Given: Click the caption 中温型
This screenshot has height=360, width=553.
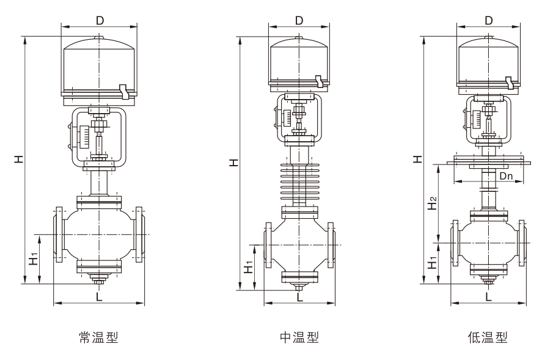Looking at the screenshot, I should click(x=299, y=337).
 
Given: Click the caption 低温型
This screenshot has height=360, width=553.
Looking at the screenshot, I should click(x=488, y=337).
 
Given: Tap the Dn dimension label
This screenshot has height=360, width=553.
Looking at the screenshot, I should click(x=507, y=176).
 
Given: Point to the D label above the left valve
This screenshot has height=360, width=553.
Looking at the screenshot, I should click(x=100, y=20).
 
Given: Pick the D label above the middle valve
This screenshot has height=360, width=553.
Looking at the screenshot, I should click(x=299, y=20).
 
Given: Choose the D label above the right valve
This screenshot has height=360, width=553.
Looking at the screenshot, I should click(x=488, y=20).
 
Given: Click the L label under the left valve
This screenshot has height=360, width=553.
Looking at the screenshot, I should click(x=99, y=296).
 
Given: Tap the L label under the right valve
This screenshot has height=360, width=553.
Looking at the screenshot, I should click(x=488, y=297).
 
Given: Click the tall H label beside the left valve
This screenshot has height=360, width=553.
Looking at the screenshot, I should click(x=20, y=159).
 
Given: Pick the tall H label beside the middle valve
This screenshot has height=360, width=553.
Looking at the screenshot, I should click(x=233, y=163).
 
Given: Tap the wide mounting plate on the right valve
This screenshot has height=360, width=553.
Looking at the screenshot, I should click(x=488, y=161).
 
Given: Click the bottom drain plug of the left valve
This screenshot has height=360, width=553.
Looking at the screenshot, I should click(x=99, y=279).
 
